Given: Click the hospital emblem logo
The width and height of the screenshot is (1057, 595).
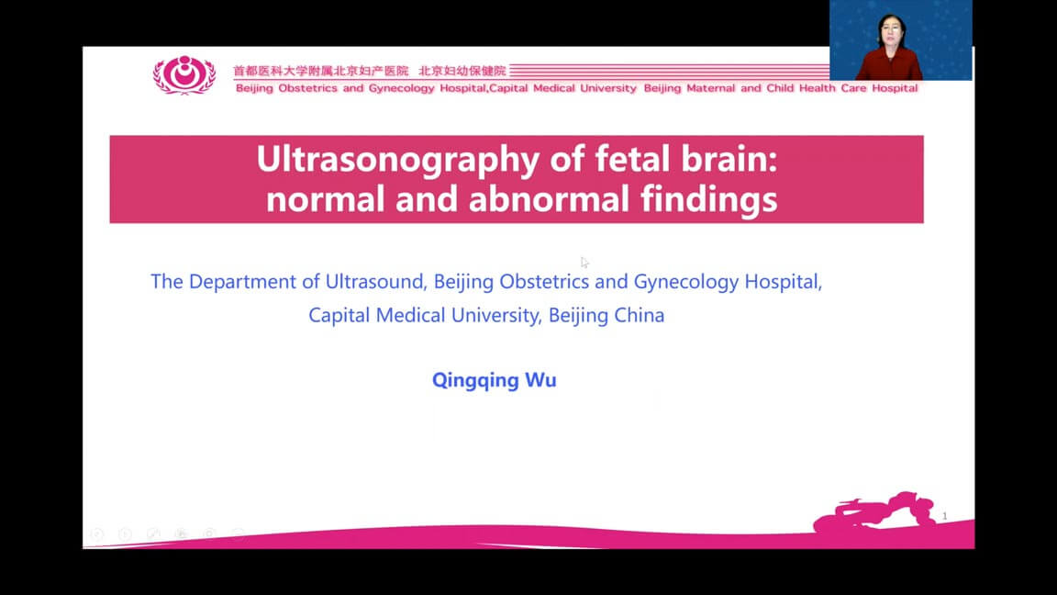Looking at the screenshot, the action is (184, 74).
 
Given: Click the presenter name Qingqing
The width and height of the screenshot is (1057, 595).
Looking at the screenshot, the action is (474, 380).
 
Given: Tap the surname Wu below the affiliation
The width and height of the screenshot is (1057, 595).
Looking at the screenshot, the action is (540, 380).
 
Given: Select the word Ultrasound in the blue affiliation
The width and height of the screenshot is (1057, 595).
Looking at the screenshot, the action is (376, 281).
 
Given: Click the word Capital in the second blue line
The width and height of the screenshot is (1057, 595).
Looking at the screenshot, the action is (339, 316).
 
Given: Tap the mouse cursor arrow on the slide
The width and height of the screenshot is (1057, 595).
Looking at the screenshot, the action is (584, 263).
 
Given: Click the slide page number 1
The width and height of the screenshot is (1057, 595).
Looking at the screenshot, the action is (944, 516).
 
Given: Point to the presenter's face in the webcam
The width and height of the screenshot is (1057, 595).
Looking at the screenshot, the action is (891, 31).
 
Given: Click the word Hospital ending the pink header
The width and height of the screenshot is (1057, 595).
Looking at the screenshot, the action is (895, 88).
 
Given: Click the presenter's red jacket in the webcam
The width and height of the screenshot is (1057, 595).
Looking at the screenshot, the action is (889, 65).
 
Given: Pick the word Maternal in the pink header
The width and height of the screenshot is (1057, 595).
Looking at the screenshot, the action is (710, 88).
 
